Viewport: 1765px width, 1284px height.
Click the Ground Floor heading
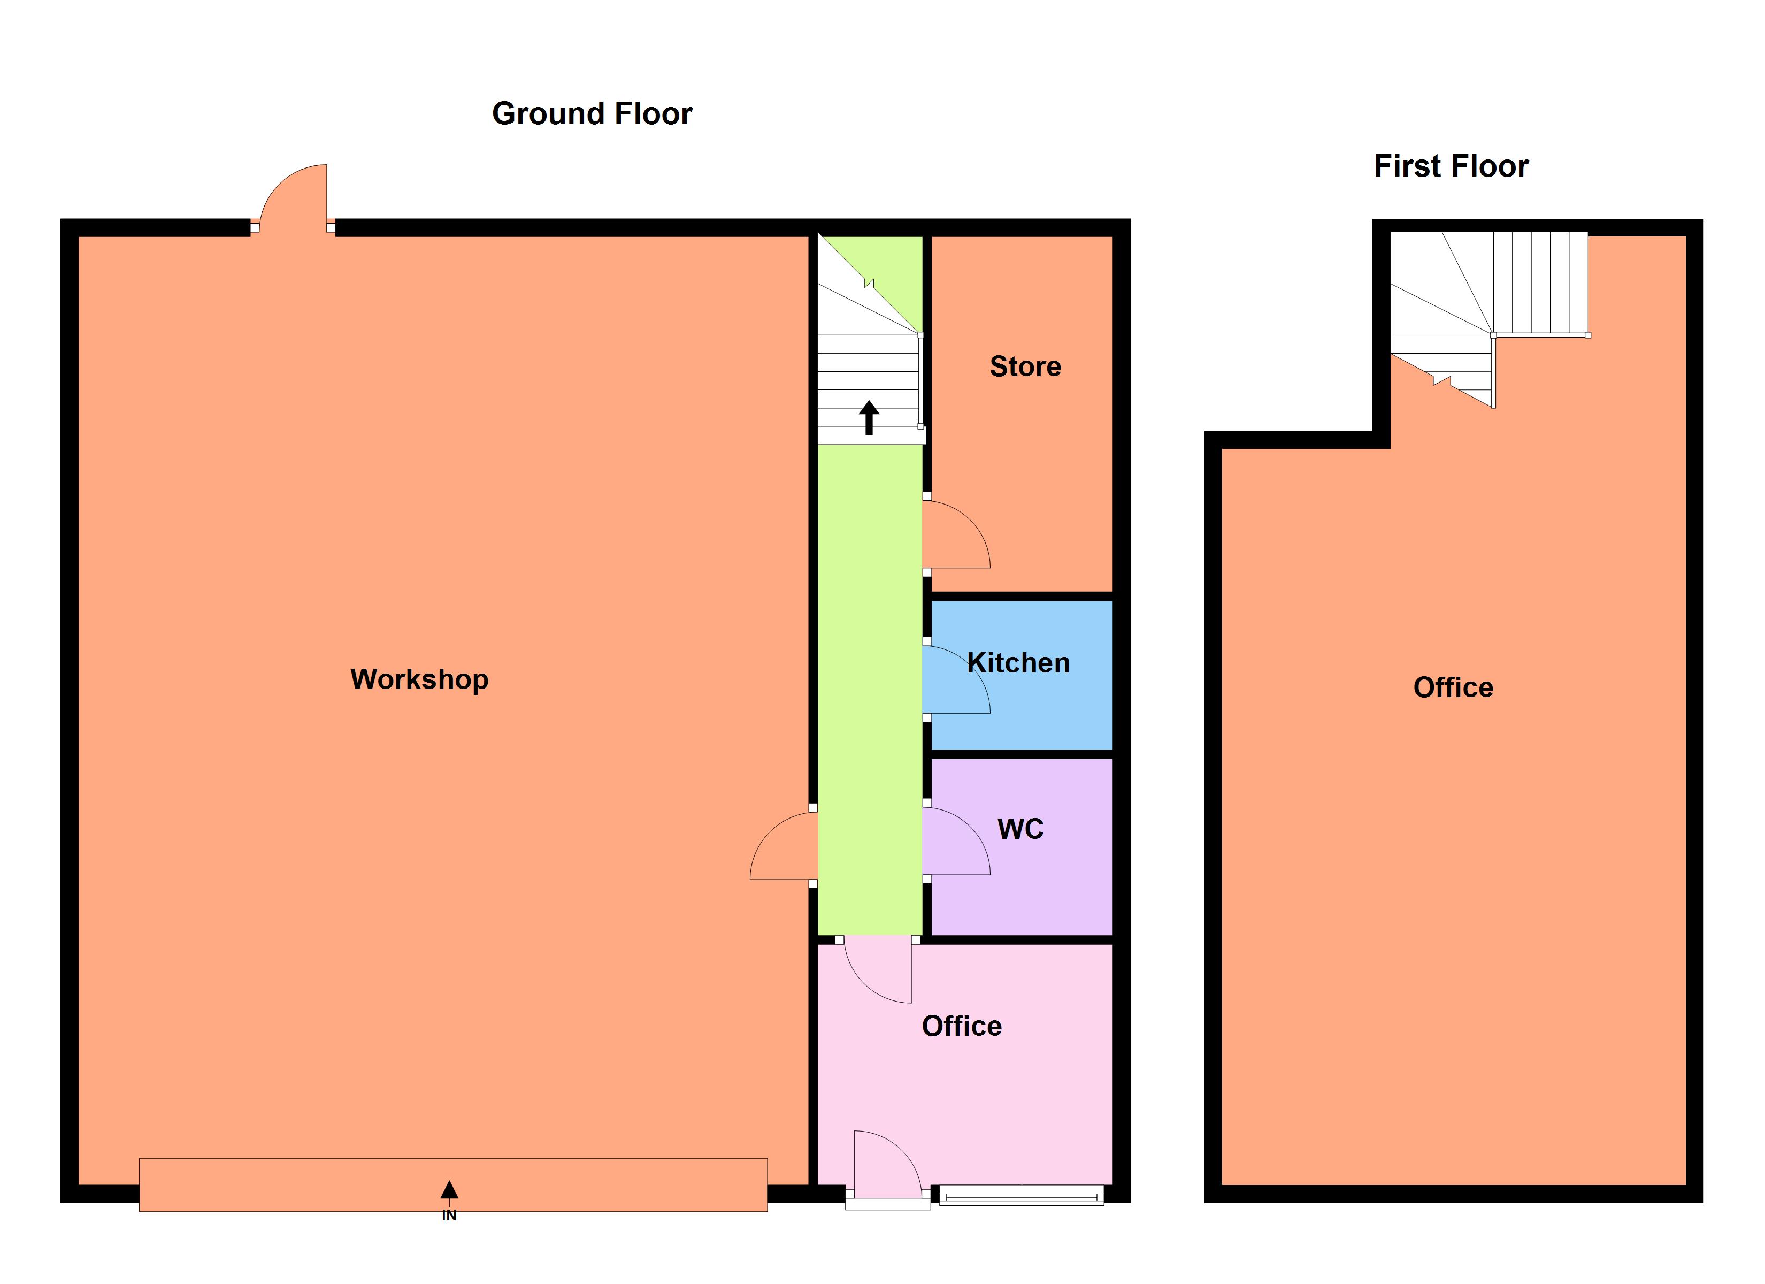click(592, 113)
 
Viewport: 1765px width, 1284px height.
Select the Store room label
click(1025, 367)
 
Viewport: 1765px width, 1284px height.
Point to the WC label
click(1020, 829)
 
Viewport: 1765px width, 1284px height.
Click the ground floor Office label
click(961, 1026)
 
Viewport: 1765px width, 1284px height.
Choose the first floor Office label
click(1453, 687)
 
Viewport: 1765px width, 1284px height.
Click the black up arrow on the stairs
click(869, 418)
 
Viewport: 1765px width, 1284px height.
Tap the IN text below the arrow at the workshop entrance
click(449, 1216)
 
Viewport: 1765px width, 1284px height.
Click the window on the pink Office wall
click(1021, 1195)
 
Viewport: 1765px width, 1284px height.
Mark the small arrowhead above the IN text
click(449, 1190)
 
